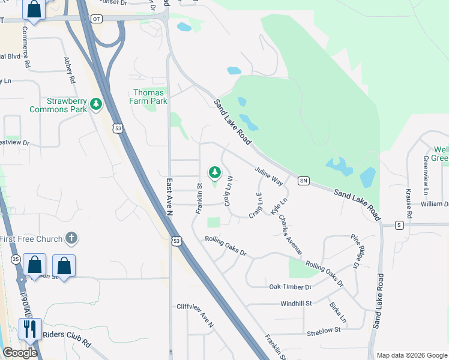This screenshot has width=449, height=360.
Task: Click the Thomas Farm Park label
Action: tap(149, 97)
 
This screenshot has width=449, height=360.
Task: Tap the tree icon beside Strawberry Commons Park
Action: tap(95, 105)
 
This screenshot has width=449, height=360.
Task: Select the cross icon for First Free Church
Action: tap(71, 239)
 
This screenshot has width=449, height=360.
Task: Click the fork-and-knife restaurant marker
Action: tap(30, 329)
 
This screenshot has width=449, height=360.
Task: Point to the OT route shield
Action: tap(97, 19)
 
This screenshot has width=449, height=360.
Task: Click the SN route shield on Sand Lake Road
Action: tap(304, 180)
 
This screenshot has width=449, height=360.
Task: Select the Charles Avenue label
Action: tap(291, 235)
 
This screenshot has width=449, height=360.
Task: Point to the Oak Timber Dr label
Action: tap(291, 287)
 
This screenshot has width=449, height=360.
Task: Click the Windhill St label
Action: tap(296, 304)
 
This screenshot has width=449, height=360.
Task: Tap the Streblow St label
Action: tap(324, 330)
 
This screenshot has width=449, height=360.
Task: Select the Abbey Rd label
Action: tap(69, 70)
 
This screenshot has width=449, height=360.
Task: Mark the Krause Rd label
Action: tap(409, 203)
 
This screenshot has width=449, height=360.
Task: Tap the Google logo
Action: tap(19, 353)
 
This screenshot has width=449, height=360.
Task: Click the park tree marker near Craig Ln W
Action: tap(215, 173)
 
